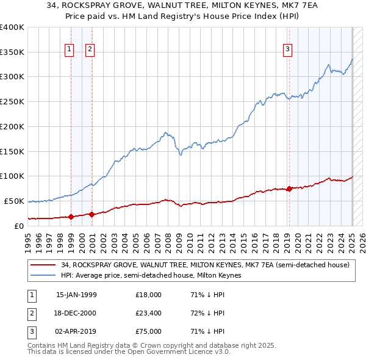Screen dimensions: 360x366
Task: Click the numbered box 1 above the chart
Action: click(69, 50)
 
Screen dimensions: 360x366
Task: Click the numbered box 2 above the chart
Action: click(90, 50)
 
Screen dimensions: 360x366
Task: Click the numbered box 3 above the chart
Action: click(287, 50)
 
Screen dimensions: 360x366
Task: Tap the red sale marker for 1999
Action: click(71, 217)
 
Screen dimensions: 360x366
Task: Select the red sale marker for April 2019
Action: click(289, 189)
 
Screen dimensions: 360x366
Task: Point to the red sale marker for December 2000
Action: click(91, 214)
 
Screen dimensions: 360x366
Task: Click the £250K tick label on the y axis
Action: click(12, 101)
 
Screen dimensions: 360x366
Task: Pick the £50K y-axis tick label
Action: click(14, 201)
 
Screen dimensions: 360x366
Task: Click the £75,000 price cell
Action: click(149, 333)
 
